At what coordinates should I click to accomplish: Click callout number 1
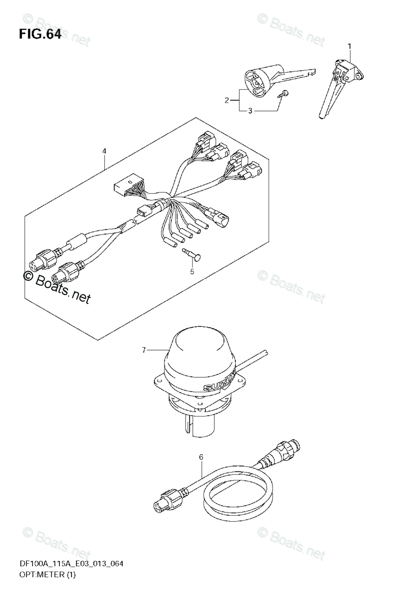coord(349,46)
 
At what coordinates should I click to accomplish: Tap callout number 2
coord(226,101)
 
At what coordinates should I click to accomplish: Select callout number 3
coord(250,111)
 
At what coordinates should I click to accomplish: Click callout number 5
coord(192,271)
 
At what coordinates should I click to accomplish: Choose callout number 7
coord(143,351)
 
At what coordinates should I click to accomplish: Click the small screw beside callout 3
coord(283,93)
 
